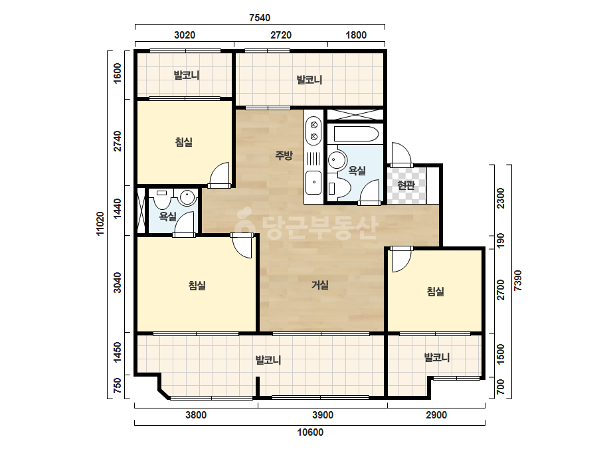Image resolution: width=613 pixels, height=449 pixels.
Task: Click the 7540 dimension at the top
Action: point(260,18)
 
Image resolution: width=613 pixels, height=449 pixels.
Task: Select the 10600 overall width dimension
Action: point(310,432)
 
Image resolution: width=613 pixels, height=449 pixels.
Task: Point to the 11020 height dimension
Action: point(100,224)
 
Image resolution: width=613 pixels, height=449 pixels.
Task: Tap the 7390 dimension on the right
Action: point(517,280)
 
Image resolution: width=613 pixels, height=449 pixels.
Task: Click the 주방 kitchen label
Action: point(284,155)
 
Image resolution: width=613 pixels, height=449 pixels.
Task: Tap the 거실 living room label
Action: point(320,285)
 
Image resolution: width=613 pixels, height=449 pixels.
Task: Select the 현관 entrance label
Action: point(406,185)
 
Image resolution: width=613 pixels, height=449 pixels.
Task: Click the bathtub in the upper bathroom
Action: point(356,134)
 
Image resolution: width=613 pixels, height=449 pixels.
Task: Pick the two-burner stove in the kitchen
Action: point(313,131)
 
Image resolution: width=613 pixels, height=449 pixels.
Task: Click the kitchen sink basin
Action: point(313,182)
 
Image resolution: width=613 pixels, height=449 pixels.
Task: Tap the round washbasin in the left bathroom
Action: point(187,197)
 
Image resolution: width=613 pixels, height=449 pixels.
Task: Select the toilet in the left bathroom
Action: point(161,200)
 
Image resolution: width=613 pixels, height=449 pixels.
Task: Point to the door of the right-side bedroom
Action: point(400,260)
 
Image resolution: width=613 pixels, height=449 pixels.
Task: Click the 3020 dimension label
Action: point(185,35)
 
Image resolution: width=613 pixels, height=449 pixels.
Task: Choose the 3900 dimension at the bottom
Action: point(323,415)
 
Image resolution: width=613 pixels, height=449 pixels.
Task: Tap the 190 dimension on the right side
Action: point(501,240)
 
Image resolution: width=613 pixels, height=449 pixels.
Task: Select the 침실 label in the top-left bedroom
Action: point(184,142)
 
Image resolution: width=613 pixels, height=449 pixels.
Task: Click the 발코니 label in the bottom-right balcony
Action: point(437,357)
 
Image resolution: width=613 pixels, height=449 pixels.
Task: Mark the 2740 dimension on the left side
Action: point(118,141)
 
